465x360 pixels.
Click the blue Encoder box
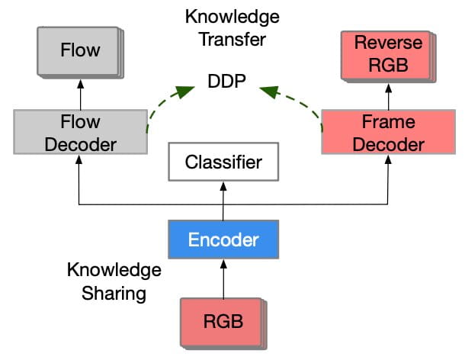pos(223,239)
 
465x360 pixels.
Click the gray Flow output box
pos(79,51)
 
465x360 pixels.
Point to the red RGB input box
pos(223,321)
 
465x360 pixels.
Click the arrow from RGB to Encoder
pos(223,278)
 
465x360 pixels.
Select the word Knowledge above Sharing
pos(114,270)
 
